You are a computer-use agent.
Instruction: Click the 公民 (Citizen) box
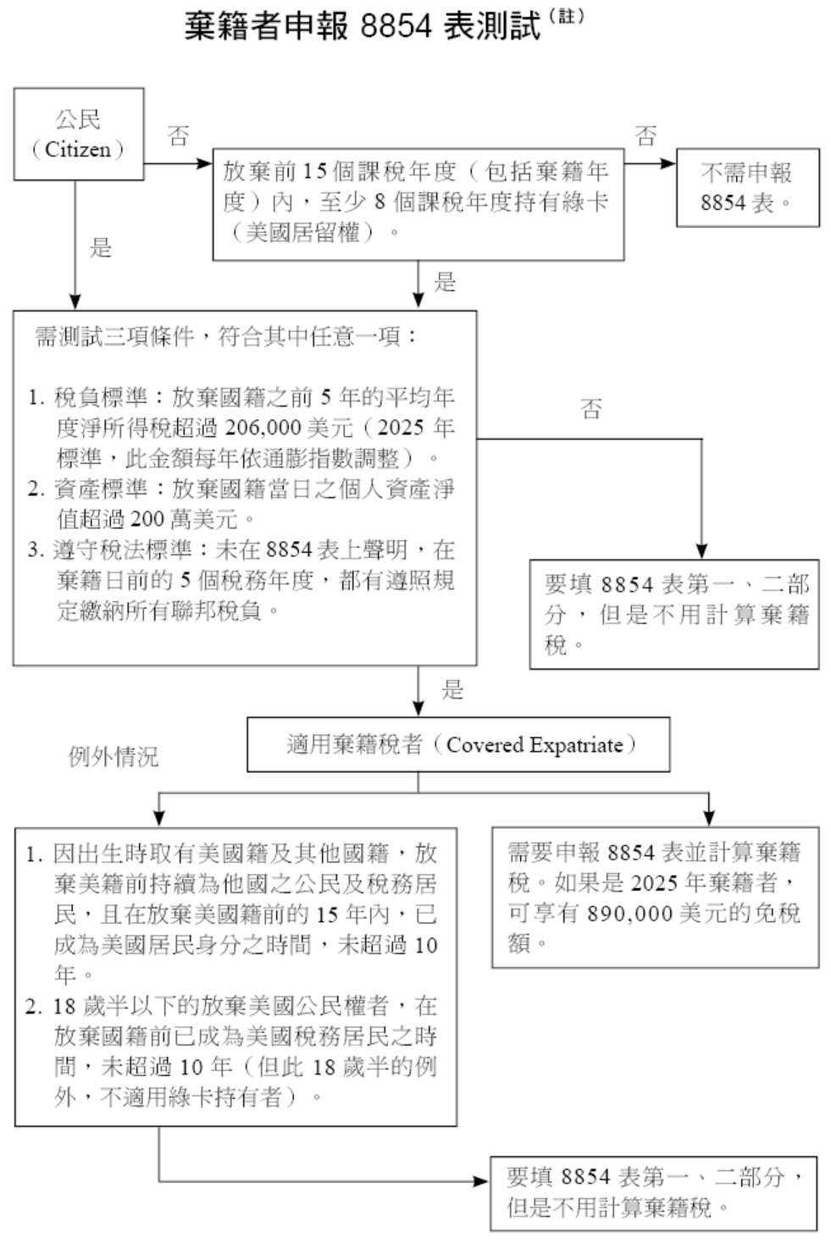point(78,134)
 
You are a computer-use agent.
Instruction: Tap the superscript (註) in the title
point(567,16)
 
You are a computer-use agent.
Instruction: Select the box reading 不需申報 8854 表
point(747,187)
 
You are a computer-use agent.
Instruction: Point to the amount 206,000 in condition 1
point(263,428)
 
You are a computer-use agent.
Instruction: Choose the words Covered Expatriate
point(535,745)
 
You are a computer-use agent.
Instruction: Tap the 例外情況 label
point(113,756)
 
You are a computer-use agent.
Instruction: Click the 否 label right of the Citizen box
point(178,135)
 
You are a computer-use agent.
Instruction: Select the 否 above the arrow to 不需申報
point(645,135)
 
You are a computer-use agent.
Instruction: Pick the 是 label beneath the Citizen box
point(101,248)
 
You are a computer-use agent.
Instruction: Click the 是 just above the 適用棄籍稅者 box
point(452,690)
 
